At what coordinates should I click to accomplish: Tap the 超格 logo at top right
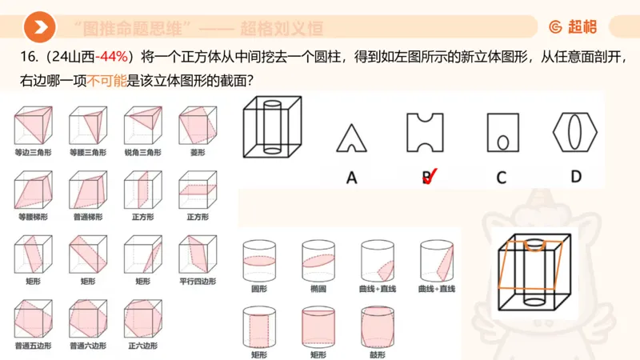(x=573, y=27)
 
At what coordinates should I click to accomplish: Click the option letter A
(x=350, y=178)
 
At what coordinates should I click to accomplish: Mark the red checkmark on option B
(x=429, y=177)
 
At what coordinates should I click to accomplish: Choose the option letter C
(x=501, y=178)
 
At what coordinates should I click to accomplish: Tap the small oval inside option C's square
(x=502, y=142)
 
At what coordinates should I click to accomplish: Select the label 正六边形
(x=142, y=346)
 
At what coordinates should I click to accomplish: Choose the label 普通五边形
(x=32, y=346)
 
